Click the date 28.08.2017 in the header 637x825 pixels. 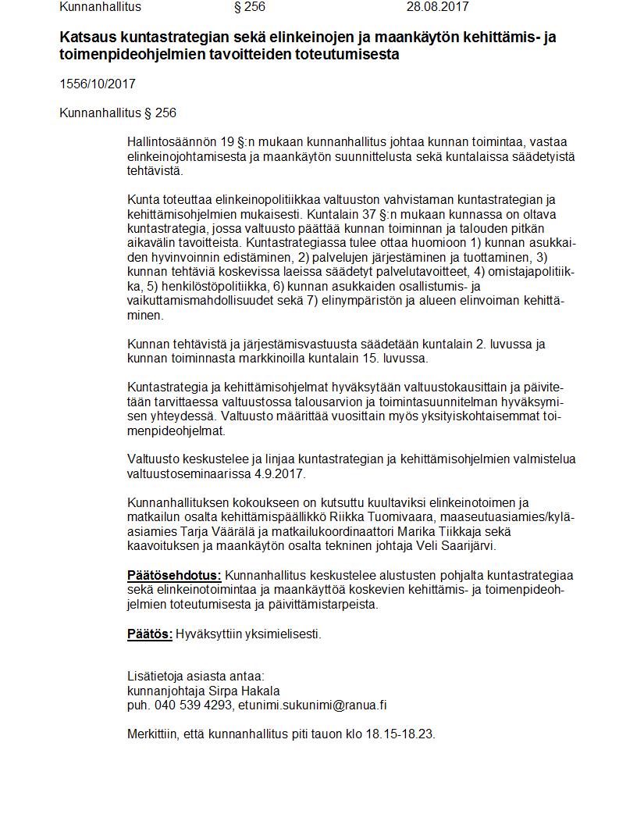click(437, 7)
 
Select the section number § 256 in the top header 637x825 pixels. click(250, 7)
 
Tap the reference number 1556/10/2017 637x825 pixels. click(93, 84)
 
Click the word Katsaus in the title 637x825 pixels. click(87, 37)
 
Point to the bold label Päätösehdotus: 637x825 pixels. click(174, 576)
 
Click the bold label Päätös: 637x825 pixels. click(150, 634)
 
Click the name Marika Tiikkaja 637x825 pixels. click(426, 531)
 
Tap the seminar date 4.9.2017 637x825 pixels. click(280, 473)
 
